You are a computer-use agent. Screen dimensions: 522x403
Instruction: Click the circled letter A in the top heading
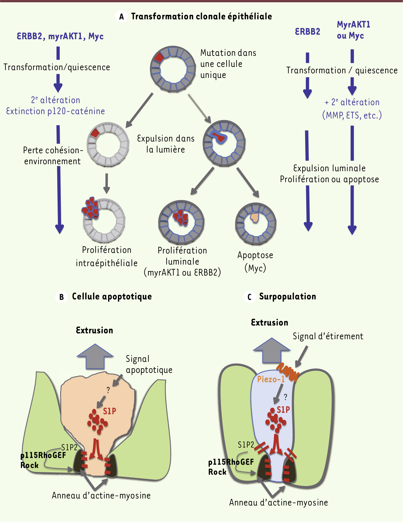click(x=121, y=17)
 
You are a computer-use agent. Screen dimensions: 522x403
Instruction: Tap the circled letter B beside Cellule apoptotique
click(x=61, y=297)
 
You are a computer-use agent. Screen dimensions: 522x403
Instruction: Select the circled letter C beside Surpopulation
click(x=249, y=297)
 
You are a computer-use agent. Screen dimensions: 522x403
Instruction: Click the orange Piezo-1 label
click(x=271, y=379)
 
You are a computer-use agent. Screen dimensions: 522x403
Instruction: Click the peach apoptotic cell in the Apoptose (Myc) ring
click(x=255, y=217)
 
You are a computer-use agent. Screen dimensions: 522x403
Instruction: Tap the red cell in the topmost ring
click(x=159, y=57)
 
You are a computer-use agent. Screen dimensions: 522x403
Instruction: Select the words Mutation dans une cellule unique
click(x=228, y=64)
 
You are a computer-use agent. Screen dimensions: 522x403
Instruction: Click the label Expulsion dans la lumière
click(x=166, y=144)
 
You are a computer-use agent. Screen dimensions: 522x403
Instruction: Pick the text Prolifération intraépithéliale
click(x=106, y=256)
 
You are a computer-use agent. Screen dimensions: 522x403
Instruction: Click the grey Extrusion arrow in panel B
click(x=95, y=356)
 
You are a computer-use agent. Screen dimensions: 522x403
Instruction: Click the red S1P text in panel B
click(x=109, y=411)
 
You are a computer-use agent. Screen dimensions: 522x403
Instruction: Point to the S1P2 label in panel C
click(x=246, y=445)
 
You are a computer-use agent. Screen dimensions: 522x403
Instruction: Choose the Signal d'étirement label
click(x=328, y=336)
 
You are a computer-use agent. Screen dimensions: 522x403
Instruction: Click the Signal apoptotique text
click(x=149, y=364)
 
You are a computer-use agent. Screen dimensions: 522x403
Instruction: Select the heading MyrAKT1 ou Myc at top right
click(x=353, y=30)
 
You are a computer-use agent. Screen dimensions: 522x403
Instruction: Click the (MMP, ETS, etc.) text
click(x=352, y=115)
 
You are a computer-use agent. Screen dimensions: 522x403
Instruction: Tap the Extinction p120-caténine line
click(x=55, y=111)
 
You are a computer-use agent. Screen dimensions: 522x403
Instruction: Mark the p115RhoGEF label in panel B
click(x=43, y=455)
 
